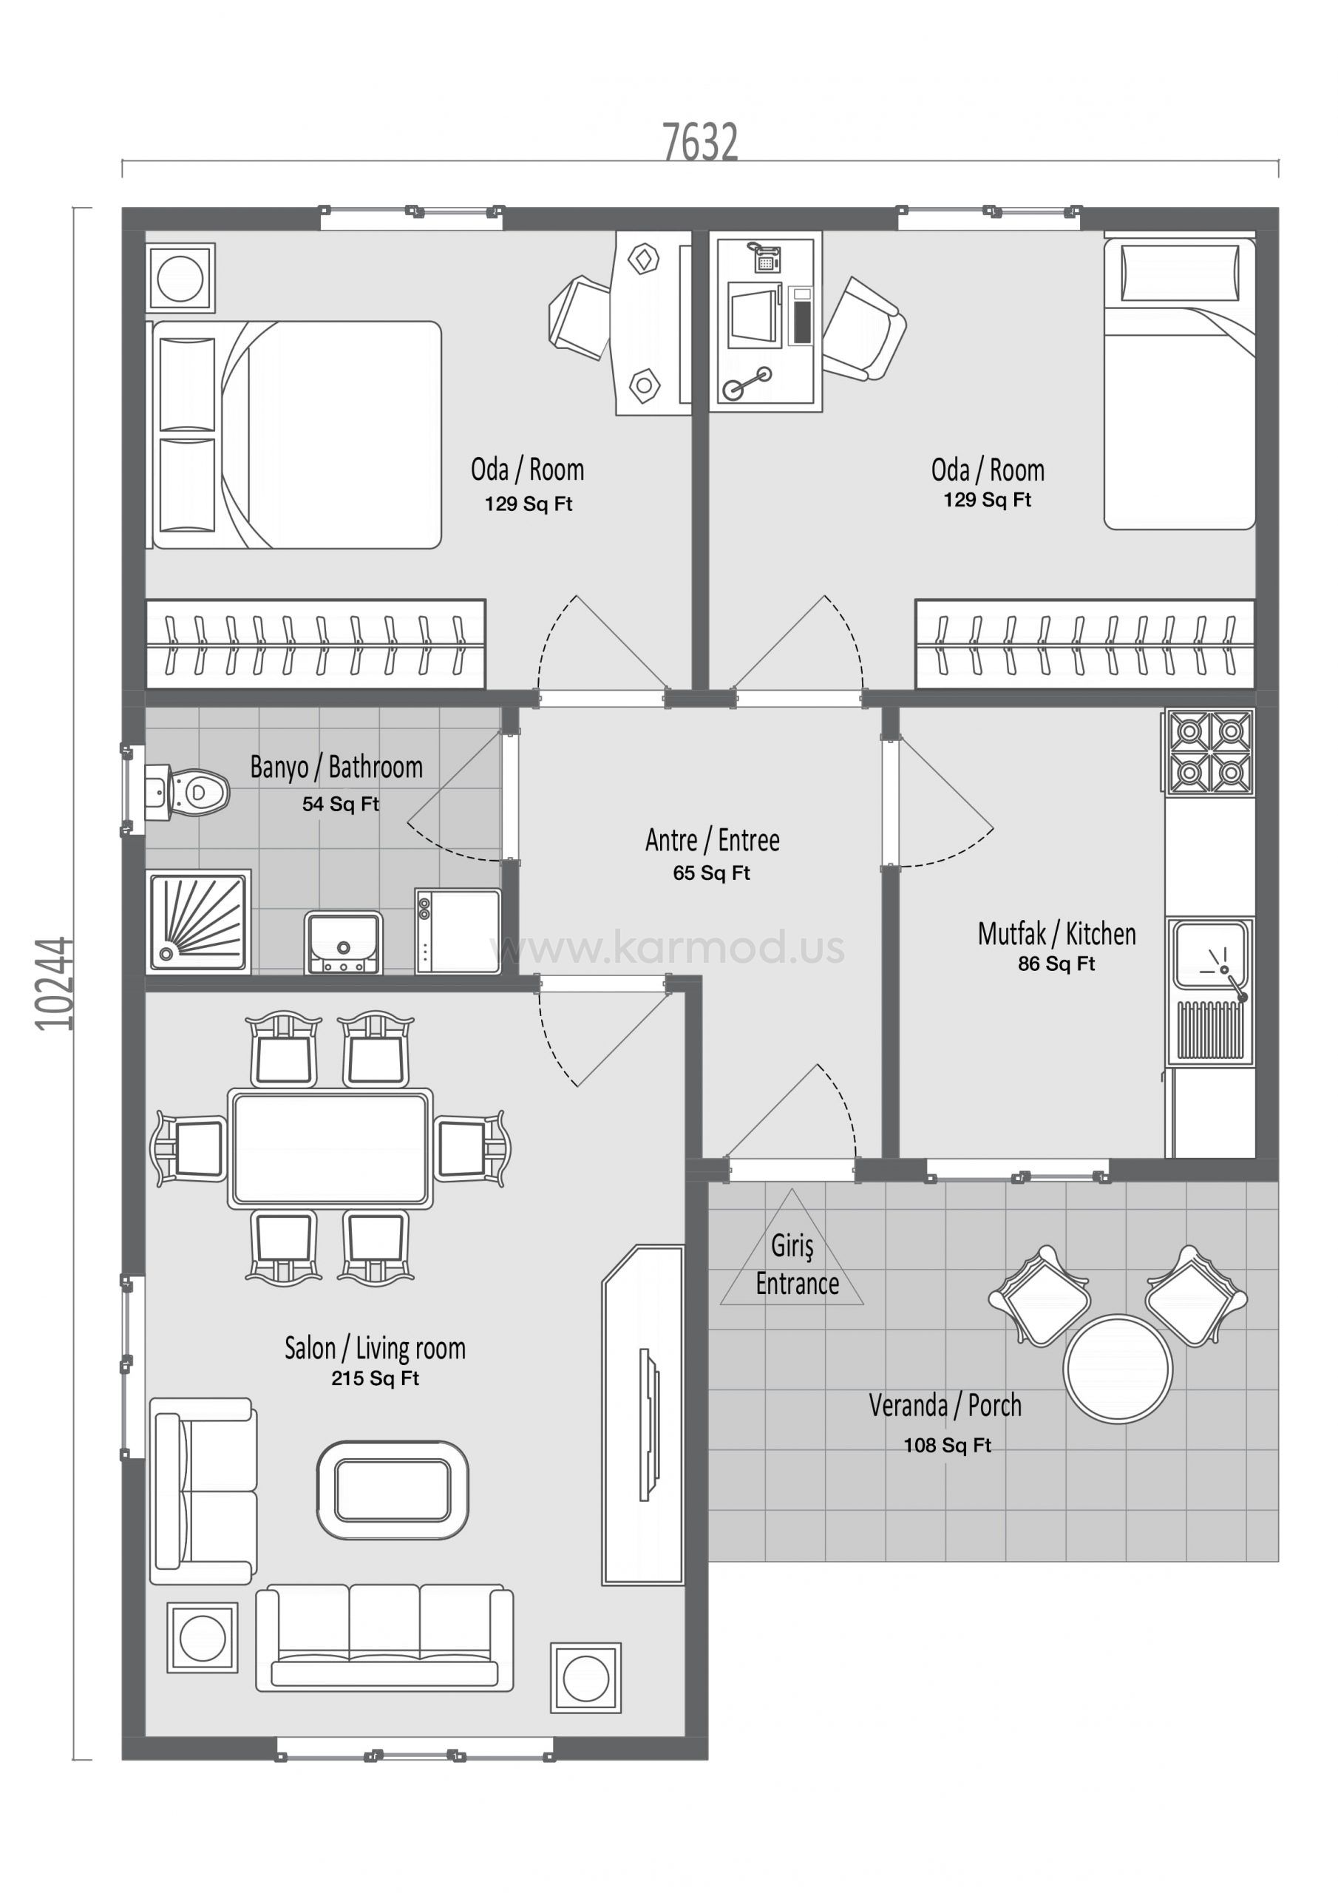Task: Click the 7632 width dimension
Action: (700, 142)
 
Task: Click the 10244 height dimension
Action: (55, 983)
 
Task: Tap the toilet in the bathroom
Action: (186, 792)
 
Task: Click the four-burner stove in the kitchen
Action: (1209, 753)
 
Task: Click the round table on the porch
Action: (1118, 1369)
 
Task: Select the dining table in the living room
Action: (330, 1148)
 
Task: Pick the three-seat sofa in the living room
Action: (384, 1637)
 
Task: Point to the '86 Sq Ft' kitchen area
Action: (1056, 963)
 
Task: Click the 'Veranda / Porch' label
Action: (945, 1405)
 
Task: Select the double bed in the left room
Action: (293, 435)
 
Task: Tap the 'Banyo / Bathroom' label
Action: (336, 768)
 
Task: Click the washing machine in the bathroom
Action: (458, 931)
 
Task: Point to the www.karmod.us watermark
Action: (668, 949)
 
